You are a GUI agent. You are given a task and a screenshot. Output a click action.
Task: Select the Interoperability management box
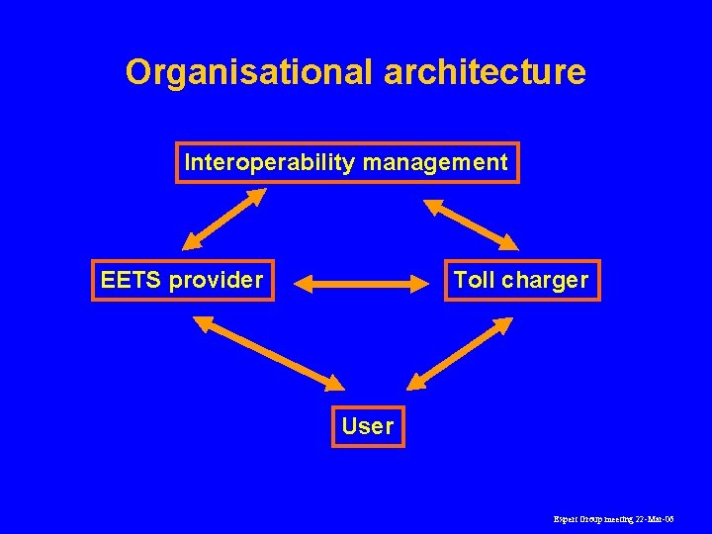point(347,162)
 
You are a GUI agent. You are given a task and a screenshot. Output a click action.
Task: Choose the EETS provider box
point(182,280)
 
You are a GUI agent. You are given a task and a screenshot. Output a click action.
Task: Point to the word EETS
point(132,280)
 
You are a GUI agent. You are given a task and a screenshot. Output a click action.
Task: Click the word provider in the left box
point(216,280)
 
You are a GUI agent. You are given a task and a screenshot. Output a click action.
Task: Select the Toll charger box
point(520,280)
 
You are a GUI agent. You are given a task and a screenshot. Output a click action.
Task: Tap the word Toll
point(474,280)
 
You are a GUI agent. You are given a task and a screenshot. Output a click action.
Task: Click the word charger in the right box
point(545,280)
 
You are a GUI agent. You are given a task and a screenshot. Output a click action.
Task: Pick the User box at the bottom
point(367,426)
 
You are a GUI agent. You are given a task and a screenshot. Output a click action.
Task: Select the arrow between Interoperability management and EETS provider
point(224,219)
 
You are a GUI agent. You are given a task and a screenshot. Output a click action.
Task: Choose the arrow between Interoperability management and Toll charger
point(471,223)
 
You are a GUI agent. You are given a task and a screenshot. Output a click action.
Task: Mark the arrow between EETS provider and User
point(269,352)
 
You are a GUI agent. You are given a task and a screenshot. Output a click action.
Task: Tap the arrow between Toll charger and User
point(460,352)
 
